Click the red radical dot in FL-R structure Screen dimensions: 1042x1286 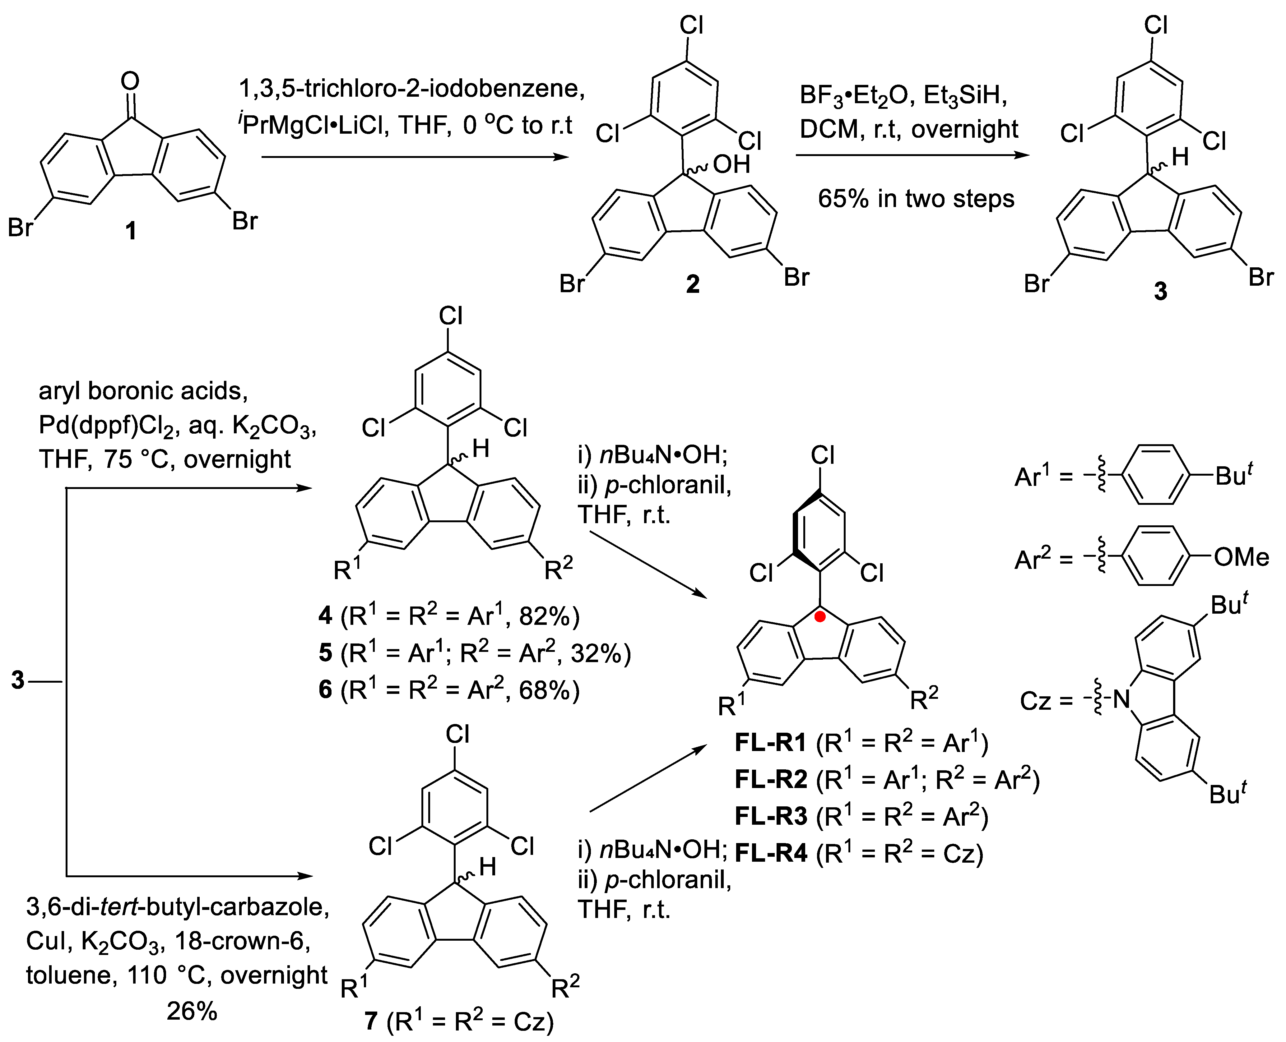(820, 616)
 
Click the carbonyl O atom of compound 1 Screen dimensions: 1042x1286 (130, 81)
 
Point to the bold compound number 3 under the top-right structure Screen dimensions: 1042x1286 (1161, 291)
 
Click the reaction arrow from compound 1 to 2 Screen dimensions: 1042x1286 (414, 157)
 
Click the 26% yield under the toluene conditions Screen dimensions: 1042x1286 (192, 1012)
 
